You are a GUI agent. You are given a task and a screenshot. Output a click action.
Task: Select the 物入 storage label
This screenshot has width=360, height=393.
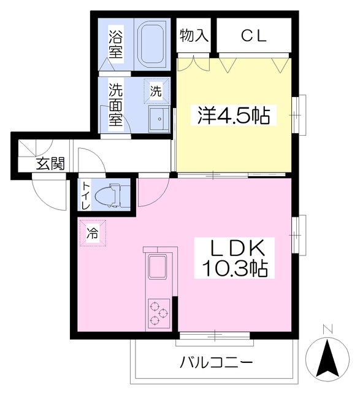click(194, 36)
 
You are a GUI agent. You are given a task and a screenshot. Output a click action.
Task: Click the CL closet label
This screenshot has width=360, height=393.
click(253, 36)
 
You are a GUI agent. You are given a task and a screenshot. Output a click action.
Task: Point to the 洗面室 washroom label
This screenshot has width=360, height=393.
click(116, 104)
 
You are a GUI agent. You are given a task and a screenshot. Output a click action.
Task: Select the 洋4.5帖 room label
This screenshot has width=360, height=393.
click(233, 115)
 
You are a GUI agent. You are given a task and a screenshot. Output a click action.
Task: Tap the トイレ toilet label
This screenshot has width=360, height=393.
click(86, 195)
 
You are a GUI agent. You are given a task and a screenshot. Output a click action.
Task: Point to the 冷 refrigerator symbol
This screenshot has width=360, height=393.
click(92, 233)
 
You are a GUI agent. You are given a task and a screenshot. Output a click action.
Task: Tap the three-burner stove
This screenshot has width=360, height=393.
click(158, 312)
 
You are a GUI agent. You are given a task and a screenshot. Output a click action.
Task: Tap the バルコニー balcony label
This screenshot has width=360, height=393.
click(216, 362)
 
